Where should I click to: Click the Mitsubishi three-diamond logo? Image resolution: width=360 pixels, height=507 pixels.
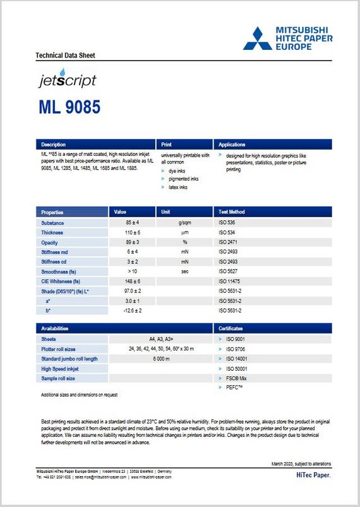[258, 38]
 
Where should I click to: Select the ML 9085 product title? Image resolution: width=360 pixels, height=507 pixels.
[69, 107]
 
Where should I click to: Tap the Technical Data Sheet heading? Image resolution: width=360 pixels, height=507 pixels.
[65, 56]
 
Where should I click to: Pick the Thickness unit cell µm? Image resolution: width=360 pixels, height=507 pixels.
[184, 233]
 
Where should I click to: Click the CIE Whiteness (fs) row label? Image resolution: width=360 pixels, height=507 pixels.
[64, 281]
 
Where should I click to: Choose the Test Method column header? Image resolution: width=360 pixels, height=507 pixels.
[232, 212]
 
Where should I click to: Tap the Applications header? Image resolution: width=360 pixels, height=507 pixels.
[231, 145]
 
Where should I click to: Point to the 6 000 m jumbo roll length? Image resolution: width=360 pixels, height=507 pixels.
[161, 359]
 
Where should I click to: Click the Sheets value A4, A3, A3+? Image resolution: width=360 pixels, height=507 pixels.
[161, 339]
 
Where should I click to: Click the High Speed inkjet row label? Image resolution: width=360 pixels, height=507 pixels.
[60, 369]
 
